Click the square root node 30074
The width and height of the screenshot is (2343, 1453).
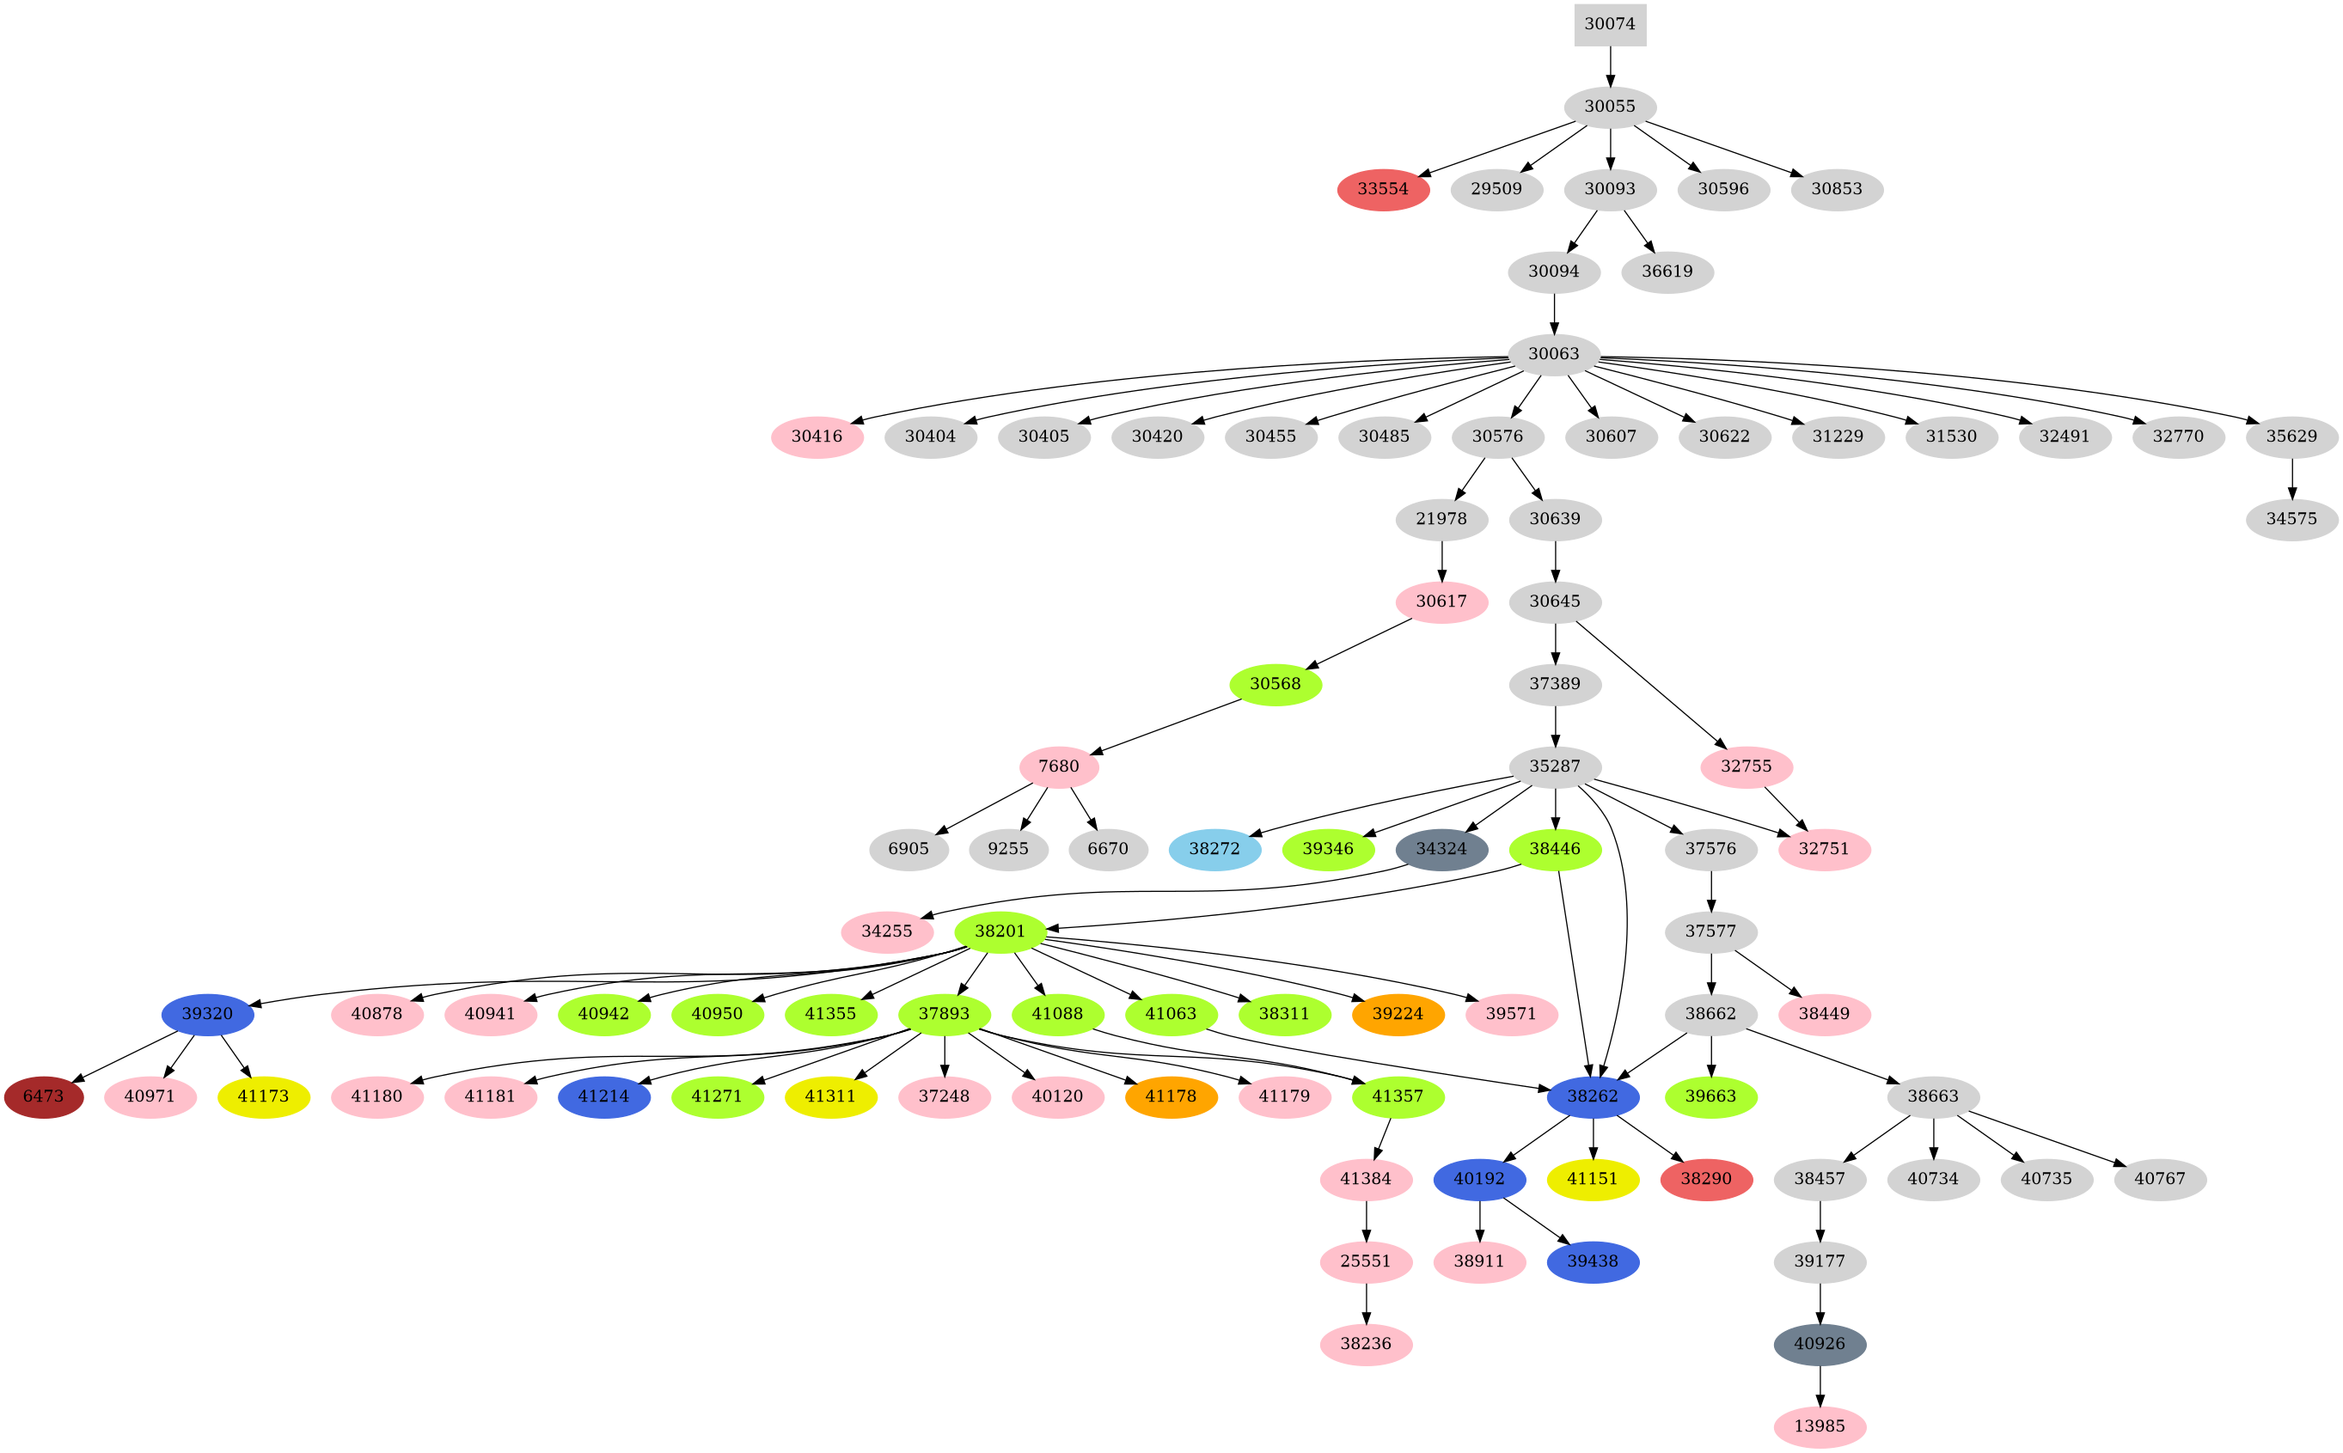1610,24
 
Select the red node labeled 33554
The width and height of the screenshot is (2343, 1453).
1383,189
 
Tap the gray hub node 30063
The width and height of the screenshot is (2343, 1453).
1554,354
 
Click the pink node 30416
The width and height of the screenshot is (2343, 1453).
817,437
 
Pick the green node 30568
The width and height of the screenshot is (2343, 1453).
1275,684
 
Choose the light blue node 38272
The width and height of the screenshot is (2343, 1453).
1214,850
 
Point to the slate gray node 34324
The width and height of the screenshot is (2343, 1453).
1441,850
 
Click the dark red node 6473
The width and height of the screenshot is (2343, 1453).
43,1096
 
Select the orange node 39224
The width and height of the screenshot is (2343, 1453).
1398,1014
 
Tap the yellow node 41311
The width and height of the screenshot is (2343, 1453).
830,1096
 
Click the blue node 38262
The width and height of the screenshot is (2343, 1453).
1593,1096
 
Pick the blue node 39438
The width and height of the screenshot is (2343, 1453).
1593,1261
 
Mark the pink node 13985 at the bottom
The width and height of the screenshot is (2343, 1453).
1820,1426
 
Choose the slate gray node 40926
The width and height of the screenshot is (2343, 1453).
1820,1345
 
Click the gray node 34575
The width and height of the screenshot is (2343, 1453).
2291,519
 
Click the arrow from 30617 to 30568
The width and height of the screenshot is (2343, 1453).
1360,643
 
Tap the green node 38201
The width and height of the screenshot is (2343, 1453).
1000,931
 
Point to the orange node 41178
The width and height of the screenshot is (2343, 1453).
1171,1096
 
